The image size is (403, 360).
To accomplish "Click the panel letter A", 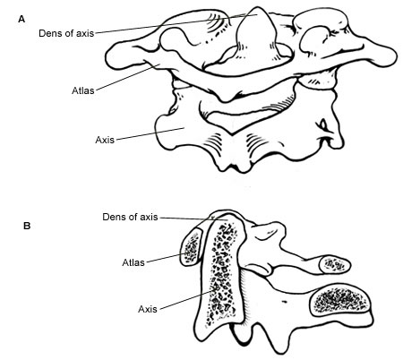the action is click(21, 20).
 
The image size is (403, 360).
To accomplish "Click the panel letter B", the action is click(27, 226).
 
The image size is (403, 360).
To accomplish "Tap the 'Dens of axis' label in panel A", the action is click(66, 33).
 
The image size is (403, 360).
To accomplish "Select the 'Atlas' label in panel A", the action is click(83, 90).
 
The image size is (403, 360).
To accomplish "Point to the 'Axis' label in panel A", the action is click(105, 140).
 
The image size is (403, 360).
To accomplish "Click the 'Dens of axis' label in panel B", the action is click(130, 217).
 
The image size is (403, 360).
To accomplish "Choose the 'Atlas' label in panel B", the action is click(133, 262).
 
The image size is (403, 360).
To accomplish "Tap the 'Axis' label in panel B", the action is click(148, 309).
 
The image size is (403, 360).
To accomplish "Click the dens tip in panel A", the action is click(256, 8).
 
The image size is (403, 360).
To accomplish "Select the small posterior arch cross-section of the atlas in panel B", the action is click(335, 265).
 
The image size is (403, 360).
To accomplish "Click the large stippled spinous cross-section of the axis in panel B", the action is click(339, 299).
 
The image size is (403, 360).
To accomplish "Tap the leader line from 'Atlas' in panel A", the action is click(128, 77).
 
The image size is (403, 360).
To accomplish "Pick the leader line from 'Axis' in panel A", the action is click(150, 133).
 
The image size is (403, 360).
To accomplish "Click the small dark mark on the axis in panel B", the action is click(284, 302).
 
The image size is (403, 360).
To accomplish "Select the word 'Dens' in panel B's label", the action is click(113, 217).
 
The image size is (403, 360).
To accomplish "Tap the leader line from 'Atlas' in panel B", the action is click(165, 258).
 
